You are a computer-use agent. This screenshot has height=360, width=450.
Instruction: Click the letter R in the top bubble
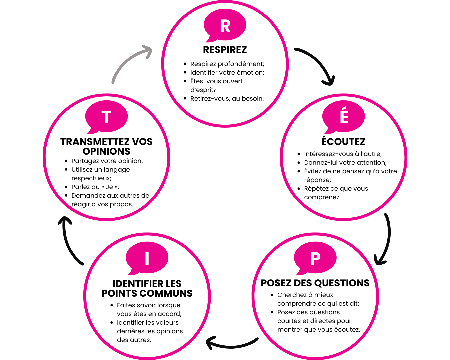click(x=225, y=26)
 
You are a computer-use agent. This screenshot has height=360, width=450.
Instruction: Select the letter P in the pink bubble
click(x=315, y=258)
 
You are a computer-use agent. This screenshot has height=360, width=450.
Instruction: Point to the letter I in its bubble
click(x=147, y=258)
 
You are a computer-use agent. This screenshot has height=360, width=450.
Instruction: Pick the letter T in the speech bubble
click(x=106, y=118)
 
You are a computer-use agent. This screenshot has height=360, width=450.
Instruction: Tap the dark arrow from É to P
click(x=387, y=237)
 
